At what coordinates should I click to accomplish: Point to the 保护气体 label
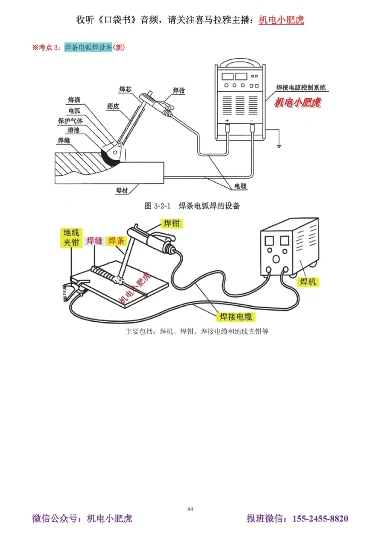(70, 121)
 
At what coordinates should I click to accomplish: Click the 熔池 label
(73, 130)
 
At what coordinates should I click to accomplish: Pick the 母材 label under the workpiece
(122, 190)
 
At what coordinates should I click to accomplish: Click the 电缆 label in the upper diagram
(241, 186)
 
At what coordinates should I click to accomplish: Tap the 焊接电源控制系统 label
(301, 88)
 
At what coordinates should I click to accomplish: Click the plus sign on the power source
(227, 121)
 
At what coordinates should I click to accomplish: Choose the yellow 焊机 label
(308, 282)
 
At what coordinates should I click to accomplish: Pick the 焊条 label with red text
(116, 241)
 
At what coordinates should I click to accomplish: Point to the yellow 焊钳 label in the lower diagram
(172, 223)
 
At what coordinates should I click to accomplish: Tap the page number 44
(190, 509)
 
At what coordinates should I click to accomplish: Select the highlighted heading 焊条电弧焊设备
(88, 48)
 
